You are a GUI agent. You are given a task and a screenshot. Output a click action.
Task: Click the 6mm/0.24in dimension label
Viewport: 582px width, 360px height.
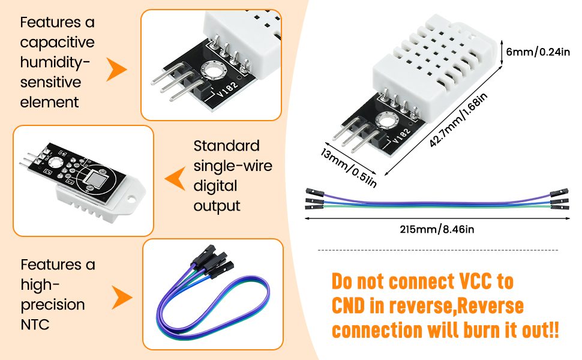click(538, 52)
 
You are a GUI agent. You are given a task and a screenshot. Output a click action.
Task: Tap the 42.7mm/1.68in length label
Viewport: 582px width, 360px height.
click(458, 120)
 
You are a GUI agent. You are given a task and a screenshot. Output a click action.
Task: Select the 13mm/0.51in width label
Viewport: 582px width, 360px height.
click(349, 168)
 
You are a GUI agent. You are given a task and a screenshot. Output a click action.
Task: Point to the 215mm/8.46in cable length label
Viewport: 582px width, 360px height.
click(437, 229)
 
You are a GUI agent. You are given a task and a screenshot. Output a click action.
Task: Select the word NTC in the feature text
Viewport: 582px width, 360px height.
click(35, 325)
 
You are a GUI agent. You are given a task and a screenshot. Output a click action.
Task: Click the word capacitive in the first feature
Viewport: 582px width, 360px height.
click(57, 43)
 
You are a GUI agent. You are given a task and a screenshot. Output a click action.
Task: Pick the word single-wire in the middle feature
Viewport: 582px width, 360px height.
click(233, 166)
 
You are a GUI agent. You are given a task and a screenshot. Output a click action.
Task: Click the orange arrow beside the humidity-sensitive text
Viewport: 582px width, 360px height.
click(117, 70)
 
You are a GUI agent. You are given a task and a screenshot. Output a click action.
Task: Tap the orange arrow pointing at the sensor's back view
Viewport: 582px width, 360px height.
click(175, 179)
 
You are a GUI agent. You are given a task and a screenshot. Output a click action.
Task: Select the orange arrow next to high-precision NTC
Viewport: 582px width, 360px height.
click(122, 297)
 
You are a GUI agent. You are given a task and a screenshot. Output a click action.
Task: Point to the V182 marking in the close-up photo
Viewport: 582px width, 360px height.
click(227, 89)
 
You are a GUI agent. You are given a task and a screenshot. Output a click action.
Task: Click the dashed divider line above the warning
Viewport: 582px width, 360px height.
click(438, 250)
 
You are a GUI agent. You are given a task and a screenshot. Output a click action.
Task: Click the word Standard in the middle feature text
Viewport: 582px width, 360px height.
click(226, 146)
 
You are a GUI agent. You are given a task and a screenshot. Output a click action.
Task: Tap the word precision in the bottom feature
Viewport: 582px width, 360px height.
click(53, 305)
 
